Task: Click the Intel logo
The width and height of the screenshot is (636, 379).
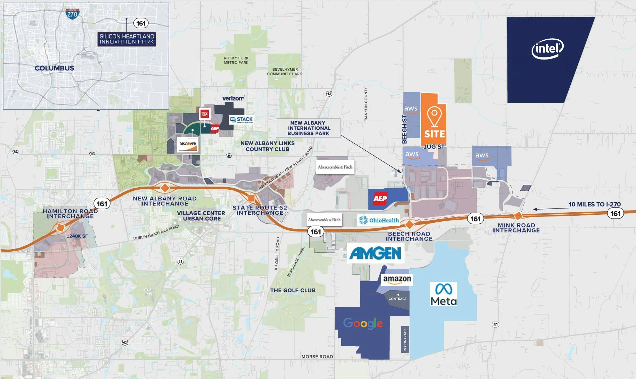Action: (547, 49)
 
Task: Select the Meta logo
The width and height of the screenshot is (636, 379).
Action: (444, 294)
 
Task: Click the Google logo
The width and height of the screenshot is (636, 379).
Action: (363, 323)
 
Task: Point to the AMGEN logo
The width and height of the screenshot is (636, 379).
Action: (375, 253)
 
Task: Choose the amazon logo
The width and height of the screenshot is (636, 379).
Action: (397, 280)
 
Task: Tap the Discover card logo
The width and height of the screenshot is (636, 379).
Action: (188, 144)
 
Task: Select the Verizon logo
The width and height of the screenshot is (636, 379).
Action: (233, 98)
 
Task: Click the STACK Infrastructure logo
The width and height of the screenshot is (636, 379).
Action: (241, 120)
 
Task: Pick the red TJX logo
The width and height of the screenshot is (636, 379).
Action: (204, 113)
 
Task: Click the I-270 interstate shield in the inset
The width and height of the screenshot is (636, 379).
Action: (72, 14)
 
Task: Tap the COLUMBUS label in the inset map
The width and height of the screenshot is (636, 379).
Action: (54, 68)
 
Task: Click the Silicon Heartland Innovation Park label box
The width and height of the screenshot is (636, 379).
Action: (127, 39)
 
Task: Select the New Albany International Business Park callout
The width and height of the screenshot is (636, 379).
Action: (308, 128)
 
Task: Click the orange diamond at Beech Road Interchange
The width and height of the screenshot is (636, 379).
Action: (409, 224)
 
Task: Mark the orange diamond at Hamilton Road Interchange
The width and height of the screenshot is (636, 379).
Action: (60, 228)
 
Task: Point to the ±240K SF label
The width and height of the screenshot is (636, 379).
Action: (78, 236)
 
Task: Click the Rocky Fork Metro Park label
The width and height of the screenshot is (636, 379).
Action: (236, 60)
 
